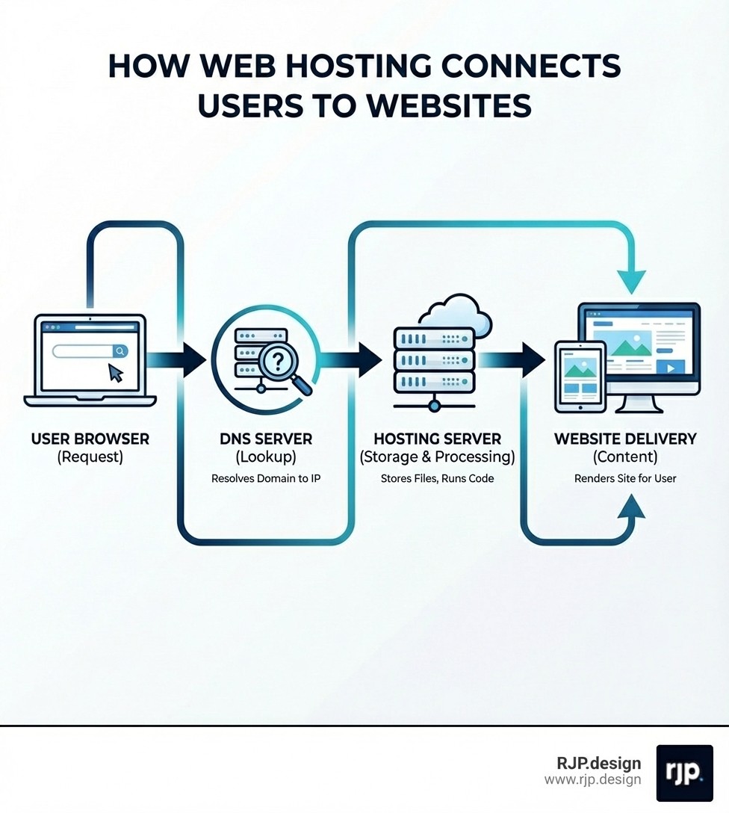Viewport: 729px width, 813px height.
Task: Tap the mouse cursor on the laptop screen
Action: (116, 372)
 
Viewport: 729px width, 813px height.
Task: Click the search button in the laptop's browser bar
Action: (120, 350)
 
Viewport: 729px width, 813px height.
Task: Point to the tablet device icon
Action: (580, 377)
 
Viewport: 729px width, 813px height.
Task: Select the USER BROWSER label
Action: (90, 439)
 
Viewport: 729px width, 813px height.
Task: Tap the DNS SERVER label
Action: (266, 439)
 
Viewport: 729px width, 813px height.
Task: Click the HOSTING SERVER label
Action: (437, 439)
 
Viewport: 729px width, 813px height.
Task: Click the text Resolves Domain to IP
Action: (266, 478)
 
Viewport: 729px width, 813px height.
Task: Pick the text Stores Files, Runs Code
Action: (437, 478)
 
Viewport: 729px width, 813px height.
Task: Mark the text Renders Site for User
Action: (625, 478)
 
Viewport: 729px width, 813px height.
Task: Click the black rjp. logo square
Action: (684, 773)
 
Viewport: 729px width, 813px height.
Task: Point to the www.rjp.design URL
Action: (592, 780)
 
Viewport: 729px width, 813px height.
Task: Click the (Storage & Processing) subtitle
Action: (437, 457)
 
